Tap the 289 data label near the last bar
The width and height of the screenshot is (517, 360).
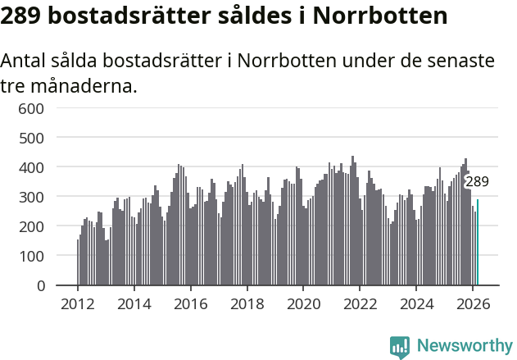tap(477, 182)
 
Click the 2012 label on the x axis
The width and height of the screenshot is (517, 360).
tap(78, 303)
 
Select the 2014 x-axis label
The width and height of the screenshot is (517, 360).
tap(134, 303)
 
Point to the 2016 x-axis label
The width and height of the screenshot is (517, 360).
tap(191, 303)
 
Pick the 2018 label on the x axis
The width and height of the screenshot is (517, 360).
tap(247, 303)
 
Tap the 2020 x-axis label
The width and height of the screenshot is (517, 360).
tap(303, 303)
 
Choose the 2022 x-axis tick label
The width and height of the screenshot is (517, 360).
tap(360, 303)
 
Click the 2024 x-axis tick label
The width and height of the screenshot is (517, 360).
tap(416, 303)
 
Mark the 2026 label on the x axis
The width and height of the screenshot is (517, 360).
tap(473, 303)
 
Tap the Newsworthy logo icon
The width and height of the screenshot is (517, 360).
tap(400, 347)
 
